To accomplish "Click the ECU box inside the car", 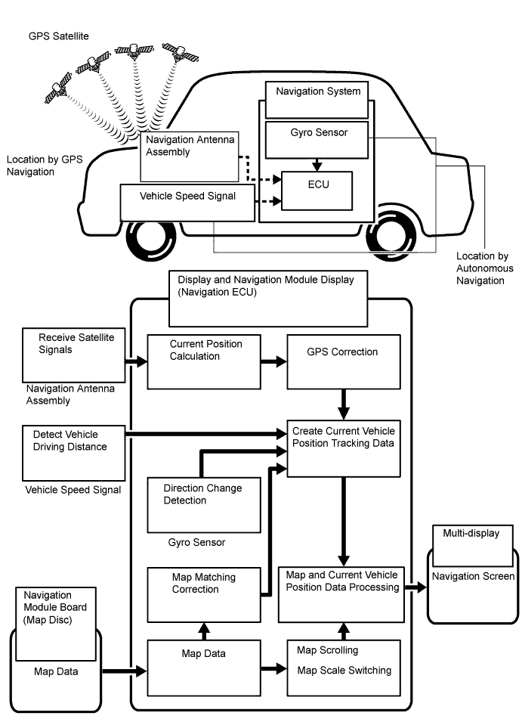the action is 317,191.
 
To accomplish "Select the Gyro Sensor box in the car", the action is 317,140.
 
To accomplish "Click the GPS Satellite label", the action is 59,36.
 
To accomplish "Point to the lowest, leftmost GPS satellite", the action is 58,88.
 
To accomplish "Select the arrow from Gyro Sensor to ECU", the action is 317,165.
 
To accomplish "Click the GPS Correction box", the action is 344,362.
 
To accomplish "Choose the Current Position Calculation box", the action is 204,362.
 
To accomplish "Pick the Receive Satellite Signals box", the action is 74,355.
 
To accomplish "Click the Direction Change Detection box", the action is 204,505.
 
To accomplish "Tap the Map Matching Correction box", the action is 204,595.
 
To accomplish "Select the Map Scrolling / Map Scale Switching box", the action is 344,668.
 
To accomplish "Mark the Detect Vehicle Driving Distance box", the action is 74,453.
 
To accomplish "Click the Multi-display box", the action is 472,546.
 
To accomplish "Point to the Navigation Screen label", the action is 474,576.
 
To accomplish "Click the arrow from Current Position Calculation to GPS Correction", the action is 273,362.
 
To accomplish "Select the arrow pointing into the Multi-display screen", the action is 415,587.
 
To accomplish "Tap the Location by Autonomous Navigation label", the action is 485,268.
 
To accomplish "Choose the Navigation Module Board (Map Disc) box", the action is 56,624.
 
